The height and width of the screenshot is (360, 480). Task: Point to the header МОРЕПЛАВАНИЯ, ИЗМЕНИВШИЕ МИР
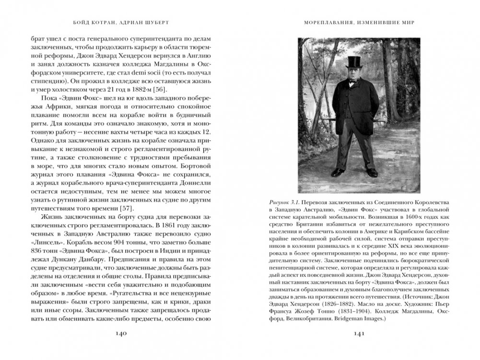point(360,21)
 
